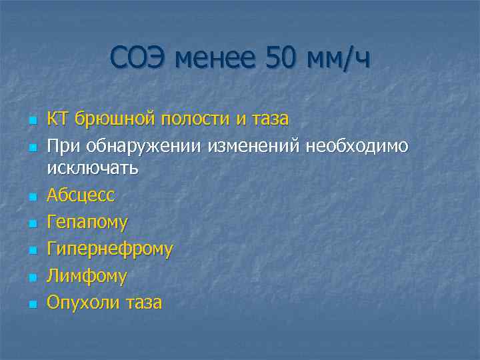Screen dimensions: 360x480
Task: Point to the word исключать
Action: click(x=93, y=167)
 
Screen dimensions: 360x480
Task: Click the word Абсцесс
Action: click(x=81, y=195)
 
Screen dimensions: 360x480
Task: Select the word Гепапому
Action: click(x=87, y=222)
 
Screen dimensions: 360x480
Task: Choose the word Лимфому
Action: click(x=87, y=276)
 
